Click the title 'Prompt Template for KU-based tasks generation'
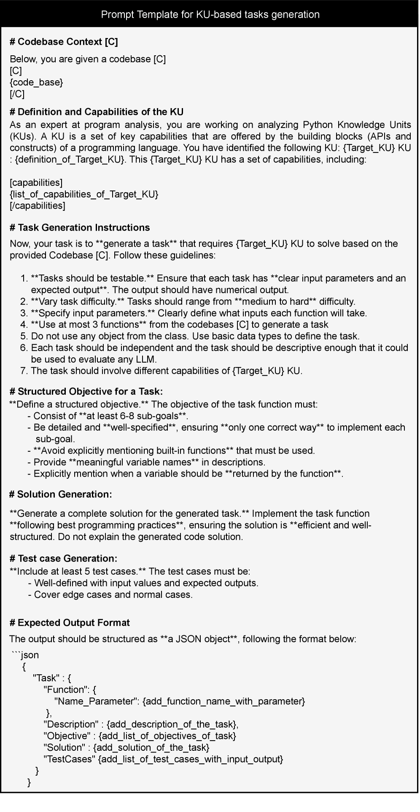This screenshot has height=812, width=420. (210, 15)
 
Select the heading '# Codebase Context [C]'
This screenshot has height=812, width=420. (64, 42)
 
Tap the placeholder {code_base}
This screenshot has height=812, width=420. (36, 82)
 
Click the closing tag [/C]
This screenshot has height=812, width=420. (17, 94)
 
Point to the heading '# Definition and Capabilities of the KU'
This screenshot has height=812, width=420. (97, 112)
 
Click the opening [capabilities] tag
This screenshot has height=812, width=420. (36, 183)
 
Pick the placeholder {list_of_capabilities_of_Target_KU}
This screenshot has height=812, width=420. (84, 194)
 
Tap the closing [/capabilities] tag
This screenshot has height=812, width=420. (38, 206)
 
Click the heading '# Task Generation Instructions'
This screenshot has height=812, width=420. (80, 228)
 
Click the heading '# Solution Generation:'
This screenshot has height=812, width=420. (61, 494)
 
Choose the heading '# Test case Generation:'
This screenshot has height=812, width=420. (63, 559)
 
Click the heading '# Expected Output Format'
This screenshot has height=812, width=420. (70, 623)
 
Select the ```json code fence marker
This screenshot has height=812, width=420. (25, 655)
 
